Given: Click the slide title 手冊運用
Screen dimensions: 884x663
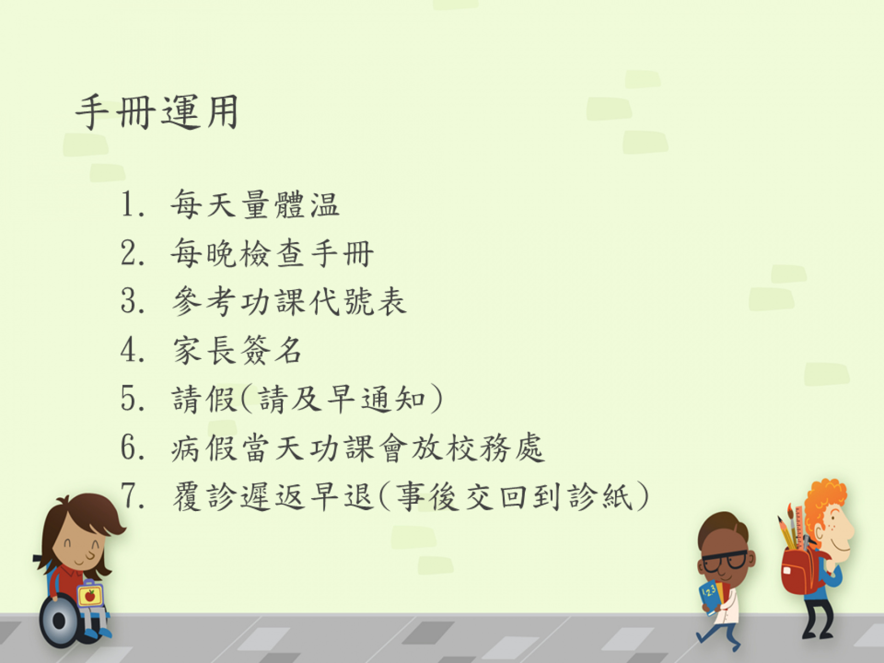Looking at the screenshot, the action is (157, 112).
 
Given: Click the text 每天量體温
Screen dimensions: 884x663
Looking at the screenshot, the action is (255, 204).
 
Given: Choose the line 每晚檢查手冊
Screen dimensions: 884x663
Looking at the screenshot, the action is (272, 253).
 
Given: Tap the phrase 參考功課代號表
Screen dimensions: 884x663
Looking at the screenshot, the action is (289, 301).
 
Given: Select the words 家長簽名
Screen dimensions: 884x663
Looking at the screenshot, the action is (238, 350).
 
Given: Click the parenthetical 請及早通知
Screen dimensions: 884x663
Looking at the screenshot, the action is (341, 399).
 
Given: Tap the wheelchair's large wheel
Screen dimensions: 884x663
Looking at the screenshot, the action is (59, 621).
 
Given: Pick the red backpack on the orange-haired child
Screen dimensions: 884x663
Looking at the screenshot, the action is (802, 571).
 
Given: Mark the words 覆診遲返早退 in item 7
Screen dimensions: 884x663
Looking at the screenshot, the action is (273, 496).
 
